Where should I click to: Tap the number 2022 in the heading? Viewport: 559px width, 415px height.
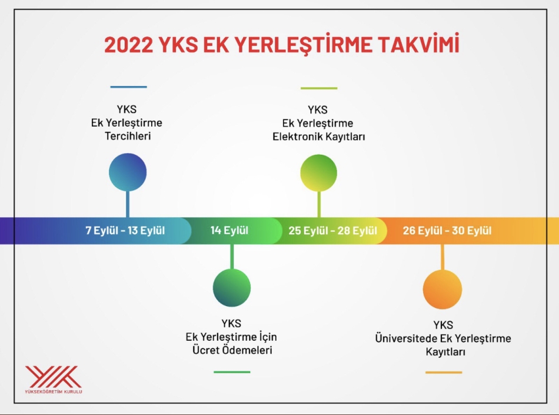coord(129,45)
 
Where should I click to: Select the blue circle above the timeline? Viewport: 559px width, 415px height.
coord(128,172)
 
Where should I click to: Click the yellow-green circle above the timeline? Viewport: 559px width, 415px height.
coord(319,173)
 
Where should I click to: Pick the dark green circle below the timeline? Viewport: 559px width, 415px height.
coord(232,288)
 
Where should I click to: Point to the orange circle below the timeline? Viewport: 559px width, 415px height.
coord(442,289)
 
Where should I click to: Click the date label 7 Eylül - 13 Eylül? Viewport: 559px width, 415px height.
coord(125,230)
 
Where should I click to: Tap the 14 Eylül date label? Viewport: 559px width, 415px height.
coord(229,230)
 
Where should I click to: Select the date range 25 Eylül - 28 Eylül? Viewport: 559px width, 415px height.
coord(332,231)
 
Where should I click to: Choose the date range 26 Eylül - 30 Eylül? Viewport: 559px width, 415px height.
coord(447,231)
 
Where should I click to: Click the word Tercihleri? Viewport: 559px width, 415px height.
coord(128,136)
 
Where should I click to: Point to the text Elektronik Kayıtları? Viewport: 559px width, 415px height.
coord(319,137)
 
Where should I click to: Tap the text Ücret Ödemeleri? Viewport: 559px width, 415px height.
coord(232,350)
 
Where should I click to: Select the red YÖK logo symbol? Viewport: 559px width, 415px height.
coord(53,377)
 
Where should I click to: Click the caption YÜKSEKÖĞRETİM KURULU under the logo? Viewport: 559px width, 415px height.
coord(54,391)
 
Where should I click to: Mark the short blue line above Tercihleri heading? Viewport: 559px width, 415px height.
coord(128,87)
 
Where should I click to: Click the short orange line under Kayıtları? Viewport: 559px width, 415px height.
coord(444,373)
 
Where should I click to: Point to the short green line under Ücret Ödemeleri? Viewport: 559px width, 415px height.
coord(232,372)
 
